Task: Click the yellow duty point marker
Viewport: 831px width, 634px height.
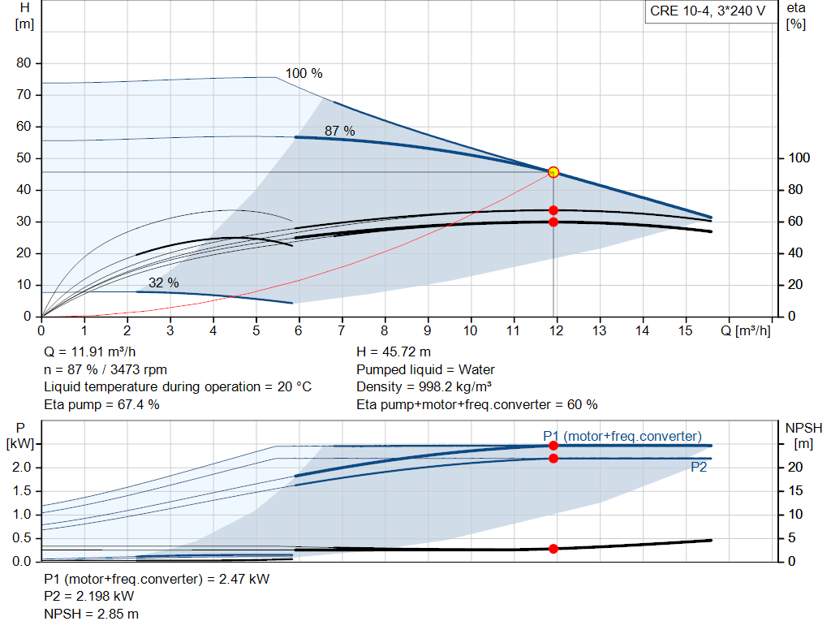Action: (x=553, y=172)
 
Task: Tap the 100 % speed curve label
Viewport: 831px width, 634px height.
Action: (x=304, y=73)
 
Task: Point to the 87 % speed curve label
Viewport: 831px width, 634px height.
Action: (x=340, y=131)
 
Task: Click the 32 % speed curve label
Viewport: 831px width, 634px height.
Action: (x=164, y=282)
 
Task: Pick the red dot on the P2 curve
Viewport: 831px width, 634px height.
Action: (x=553, y=459)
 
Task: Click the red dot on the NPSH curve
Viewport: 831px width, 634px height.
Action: (x=553, y=549)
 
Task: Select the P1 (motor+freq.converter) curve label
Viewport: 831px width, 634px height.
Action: (x=622, y=436)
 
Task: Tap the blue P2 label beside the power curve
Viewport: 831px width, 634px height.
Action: (x=699, y=467)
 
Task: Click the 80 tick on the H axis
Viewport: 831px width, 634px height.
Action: (x=24, y=63)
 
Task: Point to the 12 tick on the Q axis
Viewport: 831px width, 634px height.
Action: (x=556, y=330)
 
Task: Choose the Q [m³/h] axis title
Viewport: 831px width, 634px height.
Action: (x=746, y=330)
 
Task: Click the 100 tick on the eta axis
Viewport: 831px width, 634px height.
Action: (x=799, y=158)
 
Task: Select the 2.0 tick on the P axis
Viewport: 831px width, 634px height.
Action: (x=22, y=467)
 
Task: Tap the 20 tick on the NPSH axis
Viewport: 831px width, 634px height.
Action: (x=795, y=467)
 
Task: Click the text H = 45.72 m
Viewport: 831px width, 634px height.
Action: (x=394, y=352)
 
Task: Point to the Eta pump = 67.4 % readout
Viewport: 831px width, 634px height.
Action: (x=101, y=404)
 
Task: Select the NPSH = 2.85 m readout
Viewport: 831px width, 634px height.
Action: (x=91, y=614)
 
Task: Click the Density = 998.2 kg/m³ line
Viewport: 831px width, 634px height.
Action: (x=424, y=386)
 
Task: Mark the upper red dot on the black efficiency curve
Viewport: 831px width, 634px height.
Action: (x=553, y=210)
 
